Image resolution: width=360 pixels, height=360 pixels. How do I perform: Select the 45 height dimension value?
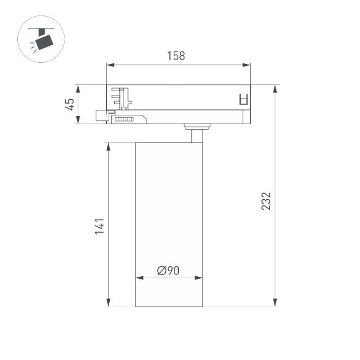pyautogui.click(x=70, y=104)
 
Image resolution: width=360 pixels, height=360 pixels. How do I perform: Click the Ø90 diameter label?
pyautogui.click(x=168, y=271)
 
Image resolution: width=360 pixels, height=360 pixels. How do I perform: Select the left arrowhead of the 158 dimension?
pyautogui.click(x=110, y=65)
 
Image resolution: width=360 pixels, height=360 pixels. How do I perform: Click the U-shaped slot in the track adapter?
pyautogui.click(x=243, y=99)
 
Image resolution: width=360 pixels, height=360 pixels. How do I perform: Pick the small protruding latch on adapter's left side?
pyautogui.click(x=101, y=115)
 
